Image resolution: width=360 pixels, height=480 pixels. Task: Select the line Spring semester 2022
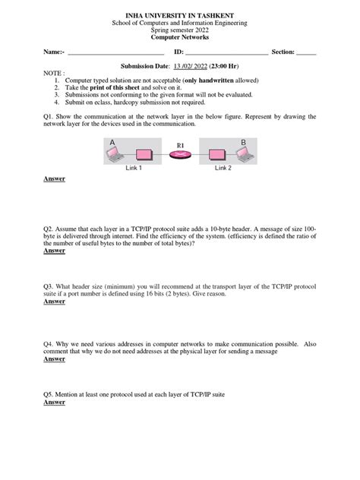(180, 30)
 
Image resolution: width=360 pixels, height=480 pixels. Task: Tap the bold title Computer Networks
(180, 36)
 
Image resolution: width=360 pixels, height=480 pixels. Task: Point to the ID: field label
(179, 52)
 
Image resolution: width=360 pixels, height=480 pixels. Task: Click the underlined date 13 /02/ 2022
(191, 66)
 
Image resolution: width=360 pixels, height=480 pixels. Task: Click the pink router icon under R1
(180, 156)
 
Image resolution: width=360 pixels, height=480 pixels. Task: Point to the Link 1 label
(134, 168)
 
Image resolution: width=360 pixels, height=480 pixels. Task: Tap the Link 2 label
(223, 168)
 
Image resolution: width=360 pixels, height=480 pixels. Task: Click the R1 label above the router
(180, 144)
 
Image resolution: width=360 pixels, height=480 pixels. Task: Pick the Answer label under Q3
(54, 302)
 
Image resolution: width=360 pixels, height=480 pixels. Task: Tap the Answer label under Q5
(54, 403)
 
